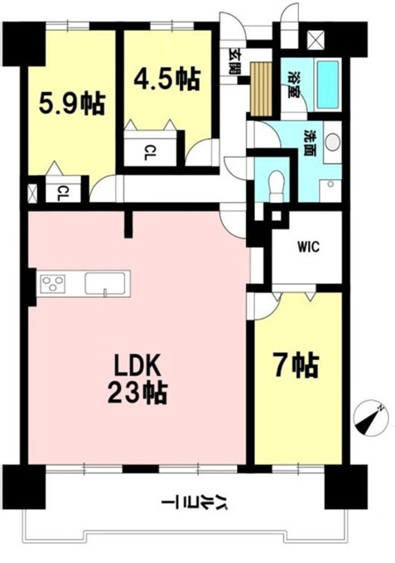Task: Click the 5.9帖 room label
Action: (x=72, y=103)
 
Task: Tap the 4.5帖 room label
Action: (x=167, y=79)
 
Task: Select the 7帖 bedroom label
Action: (x=296, y=365)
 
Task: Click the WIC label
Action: (x=308, y=247)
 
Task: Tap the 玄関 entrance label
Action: (x=234, y=61)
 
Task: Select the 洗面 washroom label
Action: (x=308, y=142)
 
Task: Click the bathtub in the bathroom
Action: (x=327, y=84)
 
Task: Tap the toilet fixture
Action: (x=276, y=185)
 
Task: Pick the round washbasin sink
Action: (x=333, y=142)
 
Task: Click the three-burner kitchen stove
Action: (x=53, y=283)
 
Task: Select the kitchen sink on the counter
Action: (x=105, y=284)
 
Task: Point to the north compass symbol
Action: (x=371, y=418)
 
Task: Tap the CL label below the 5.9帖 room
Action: (x=63, y=193)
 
